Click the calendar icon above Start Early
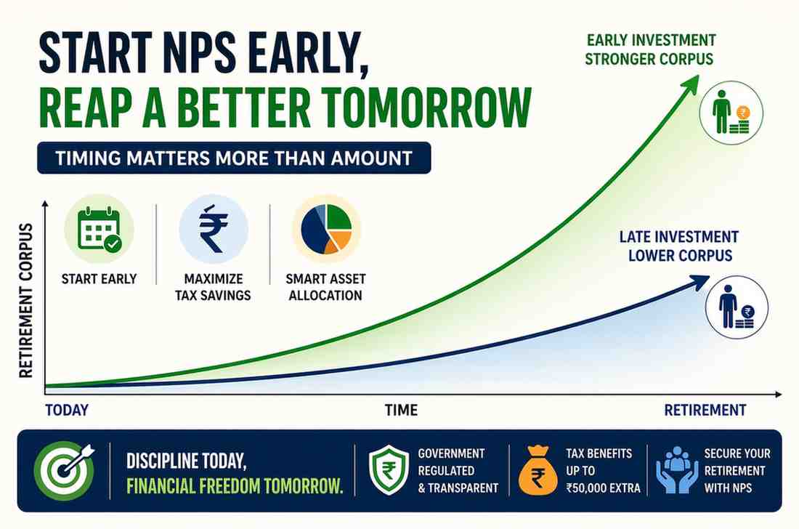click(x=99, y=230)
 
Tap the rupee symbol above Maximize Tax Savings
click(x=214, y=229)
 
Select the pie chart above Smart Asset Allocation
click(x=326, y=229)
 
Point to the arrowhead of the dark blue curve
click(x=699, y=281)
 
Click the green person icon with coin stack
click(x=731, y=112)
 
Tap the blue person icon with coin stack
click(x=737, y=307)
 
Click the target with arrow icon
click(x=64, y=470)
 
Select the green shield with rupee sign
click(x=389, y=470)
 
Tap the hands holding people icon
click(x=677, y=470)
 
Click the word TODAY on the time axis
click(x=67, y=411)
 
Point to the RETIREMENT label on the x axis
click(x=705, y=411)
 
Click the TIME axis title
click(x=401, y=411)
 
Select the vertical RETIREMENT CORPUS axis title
click(x=25, y=300)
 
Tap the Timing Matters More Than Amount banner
click(x=234, y=158)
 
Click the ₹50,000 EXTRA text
click(x=603, y=488)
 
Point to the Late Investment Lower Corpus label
click(x=679, y=246)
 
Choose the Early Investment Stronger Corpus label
click(x=650, y=49)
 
